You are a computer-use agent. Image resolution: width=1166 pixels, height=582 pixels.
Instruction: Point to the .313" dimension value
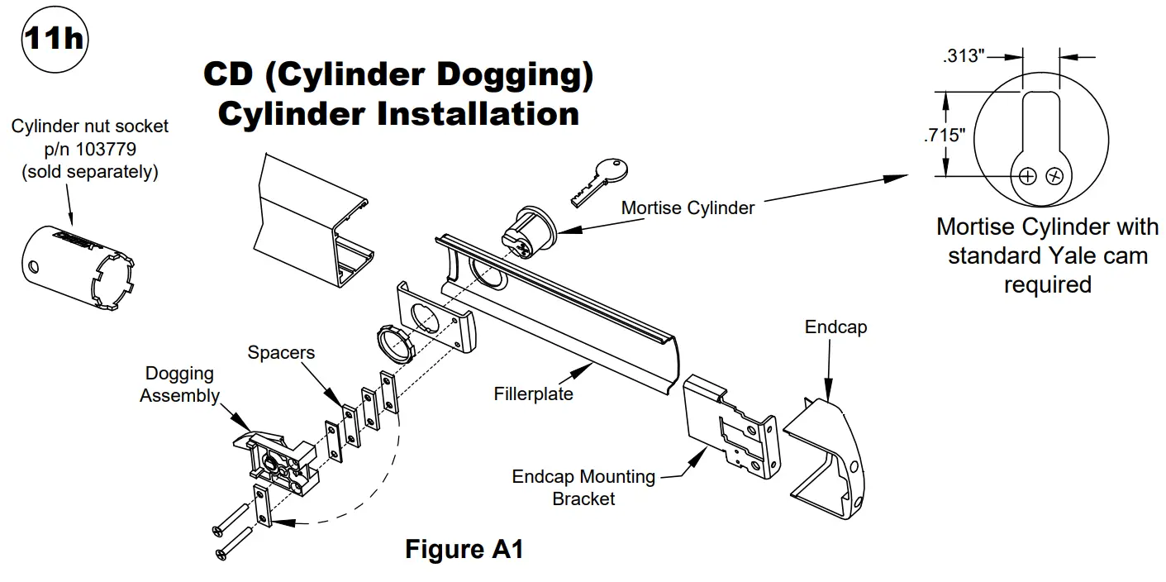[x=964, y=56]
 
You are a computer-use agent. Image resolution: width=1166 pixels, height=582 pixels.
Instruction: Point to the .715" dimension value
[x=945, y=135]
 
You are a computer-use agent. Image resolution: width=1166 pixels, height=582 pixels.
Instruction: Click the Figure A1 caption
[x=464, y=550]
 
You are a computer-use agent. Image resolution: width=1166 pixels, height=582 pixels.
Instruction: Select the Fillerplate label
[x=533, y=394]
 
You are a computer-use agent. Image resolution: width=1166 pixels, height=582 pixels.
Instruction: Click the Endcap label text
[x=835, y=327]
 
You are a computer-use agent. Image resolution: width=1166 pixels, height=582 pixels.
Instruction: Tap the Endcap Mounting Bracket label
[x=583, y=488]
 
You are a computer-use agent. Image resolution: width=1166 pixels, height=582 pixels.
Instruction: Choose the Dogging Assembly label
[x=180, y=384]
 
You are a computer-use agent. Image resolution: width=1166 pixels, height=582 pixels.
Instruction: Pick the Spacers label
[x=281, y=353]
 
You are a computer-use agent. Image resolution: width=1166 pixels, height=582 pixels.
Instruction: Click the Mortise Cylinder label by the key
[x=688, y=208]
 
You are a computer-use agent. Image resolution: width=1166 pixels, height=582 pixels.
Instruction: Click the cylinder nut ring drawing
[x=397, y=341]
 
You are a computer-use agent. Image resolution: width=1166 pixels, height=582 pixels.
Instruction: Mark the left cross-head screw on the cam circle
[x=1027, y=176]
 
